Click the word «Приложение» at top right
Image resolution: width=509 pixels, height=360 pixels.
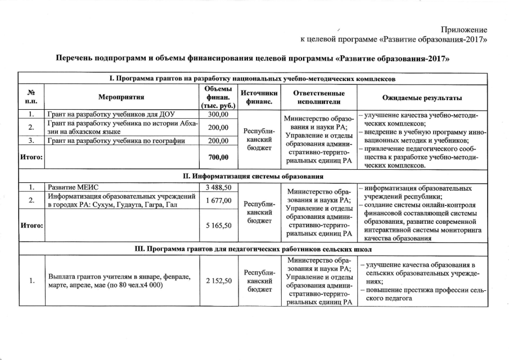pos(465,29)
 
